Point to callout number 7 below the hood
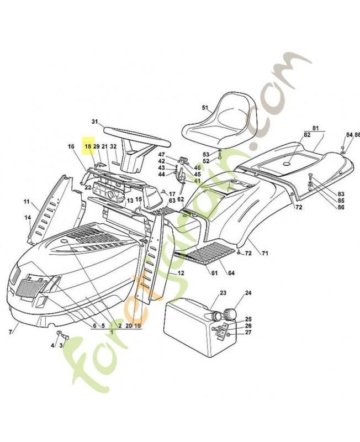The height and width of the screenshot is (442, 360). pyautogui.click(x=10, y=331)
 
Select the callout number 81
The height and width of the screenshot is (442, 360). pyautogui.click(x=316, y=128)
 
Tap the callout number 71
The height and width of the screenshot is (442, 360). pyautogui.click(x=264, y=253)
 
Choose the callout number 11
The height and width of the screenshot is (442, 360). pyautogui.click(x=26, y=202)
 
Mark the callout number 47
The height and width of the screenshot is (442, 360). pyautogui.click(x=162, y=154)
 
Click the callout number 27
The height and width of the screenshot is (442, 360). pyautogui.click(x=248, y=332)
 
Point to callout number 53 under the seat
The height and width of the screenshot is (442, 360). pyautogui.click(x=206, y=154)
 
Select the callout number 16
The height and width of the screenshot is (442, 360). pyautogui.click(x=71, y=146)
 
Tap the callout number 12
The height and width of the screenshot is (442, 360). pyautogui.click(x=181, y=273)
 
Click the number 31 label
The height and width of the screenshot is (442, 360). pyautogui.click(x=94, y=122)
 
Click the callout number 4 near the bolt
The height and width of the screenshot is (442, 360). pyautogui.click(x=53, y=345)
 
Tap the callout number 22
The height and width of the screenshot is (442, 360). pyautogui.click(x=88, y=188)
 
